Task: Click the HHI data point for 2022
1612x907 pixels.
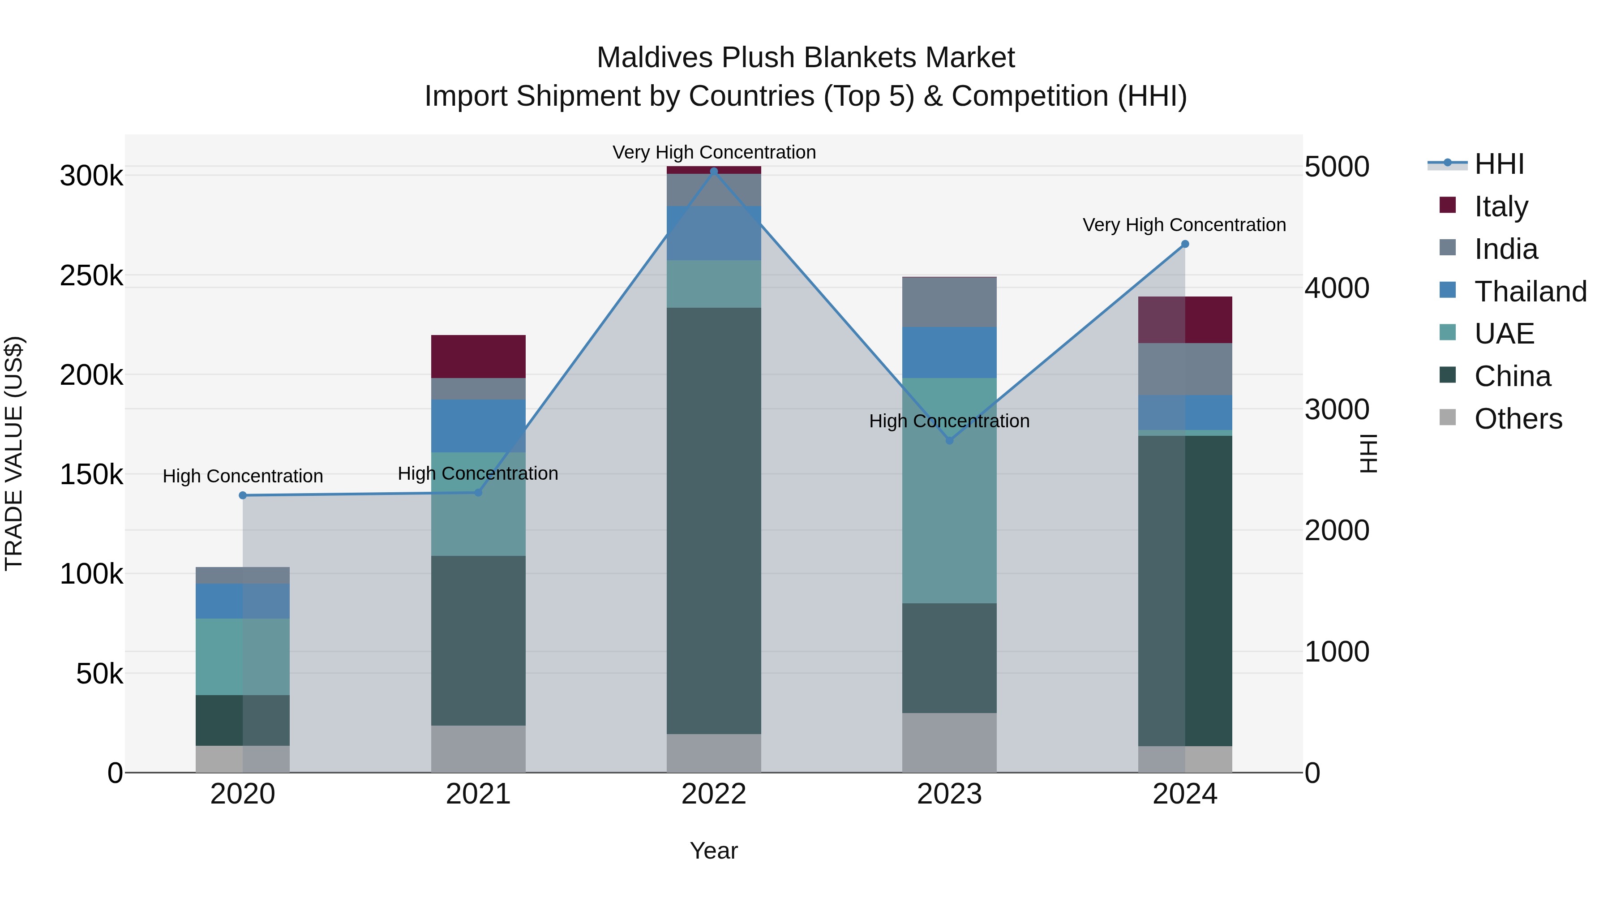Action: (714, 172)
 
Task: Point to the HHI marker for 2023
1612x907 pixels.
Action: (949, 441)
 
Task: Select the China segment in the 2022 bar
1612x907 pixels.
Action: (714, 520)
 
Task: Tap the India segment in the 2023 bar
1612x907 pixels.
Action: (949, 302)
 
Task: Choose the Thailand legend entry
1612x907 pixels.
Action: (1530, 291)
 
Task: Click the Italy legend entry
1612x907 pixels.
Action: (1501, 206)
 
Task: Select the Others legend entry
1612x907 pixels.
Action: (1518, 419)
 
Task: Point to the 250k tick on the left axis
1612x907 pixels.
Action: (91, 275)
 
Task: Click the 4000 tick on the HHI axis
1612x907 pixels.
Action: (1337, 288)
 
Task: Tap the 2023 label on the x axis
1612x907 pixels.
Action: (949, 794)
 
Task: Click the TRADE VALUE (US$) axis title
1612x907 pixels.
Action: (14, 453)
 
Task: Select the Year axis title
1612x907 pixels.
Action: (714, 851)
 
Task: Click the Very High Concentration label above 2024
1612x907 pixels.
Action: (1184, 225)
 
